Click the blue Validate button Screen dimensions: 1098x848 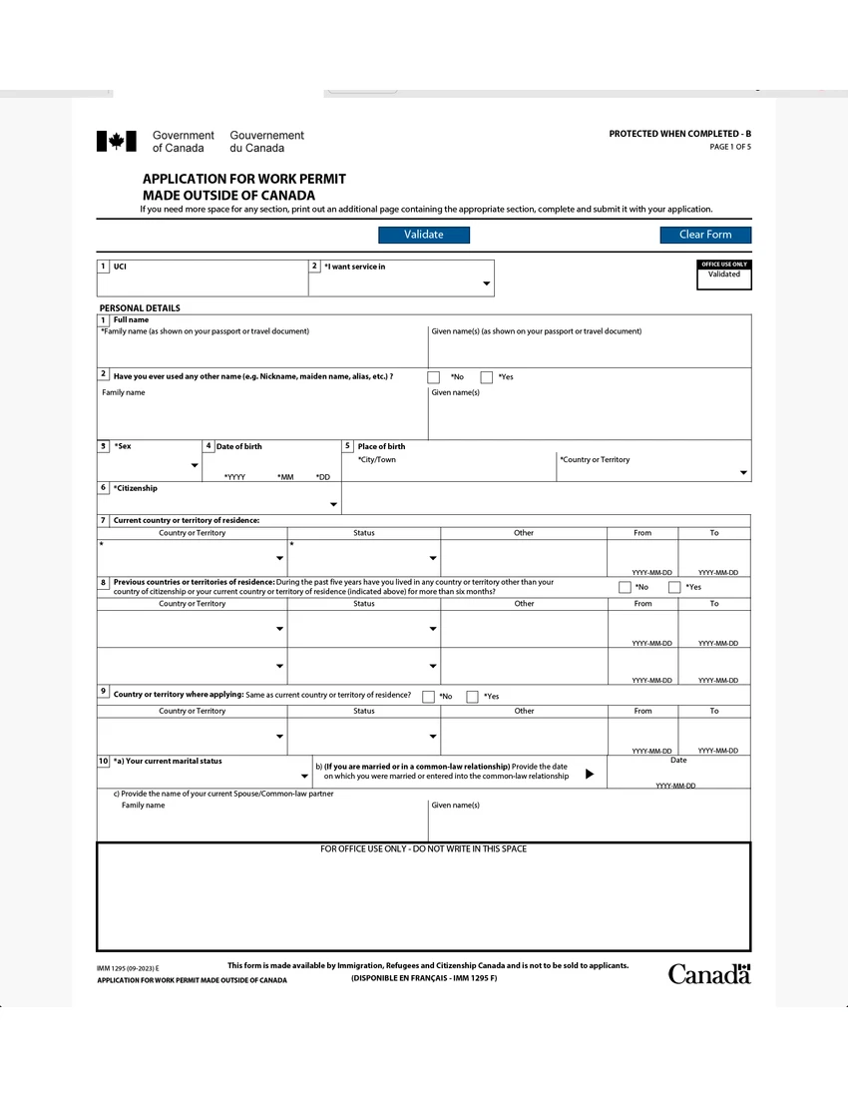423,235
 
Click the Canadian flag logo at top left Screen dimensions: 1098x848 116,142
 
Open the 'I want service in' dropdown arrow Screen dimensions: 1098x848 487,284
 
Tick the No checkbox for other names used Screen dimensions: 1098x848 433,377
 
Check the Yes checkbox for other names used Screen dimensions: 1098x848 487,377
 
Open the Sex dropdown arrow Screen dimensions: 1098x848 194,466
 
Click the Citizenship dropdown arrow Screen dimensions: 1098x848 333,504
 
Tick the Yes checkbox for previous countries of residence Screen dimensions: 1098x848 674,587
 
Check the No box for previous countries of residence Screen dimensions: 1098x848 625,587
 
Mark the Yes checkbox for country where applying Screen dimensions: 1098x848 472,697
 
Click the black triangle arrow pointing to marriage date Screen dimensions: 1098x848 590,774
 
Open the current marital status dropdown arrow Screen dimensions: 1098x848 304,776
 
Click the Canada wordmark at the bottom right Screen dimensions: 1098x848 708,974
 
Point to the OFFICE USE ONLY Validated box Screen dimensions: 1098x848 723,274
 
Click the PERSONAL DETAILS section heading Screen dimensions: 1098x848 140,308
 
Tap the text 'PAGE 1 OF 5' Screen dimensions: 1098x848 730,147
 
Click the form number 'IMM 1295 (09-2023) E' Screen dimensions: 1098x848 128,968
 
